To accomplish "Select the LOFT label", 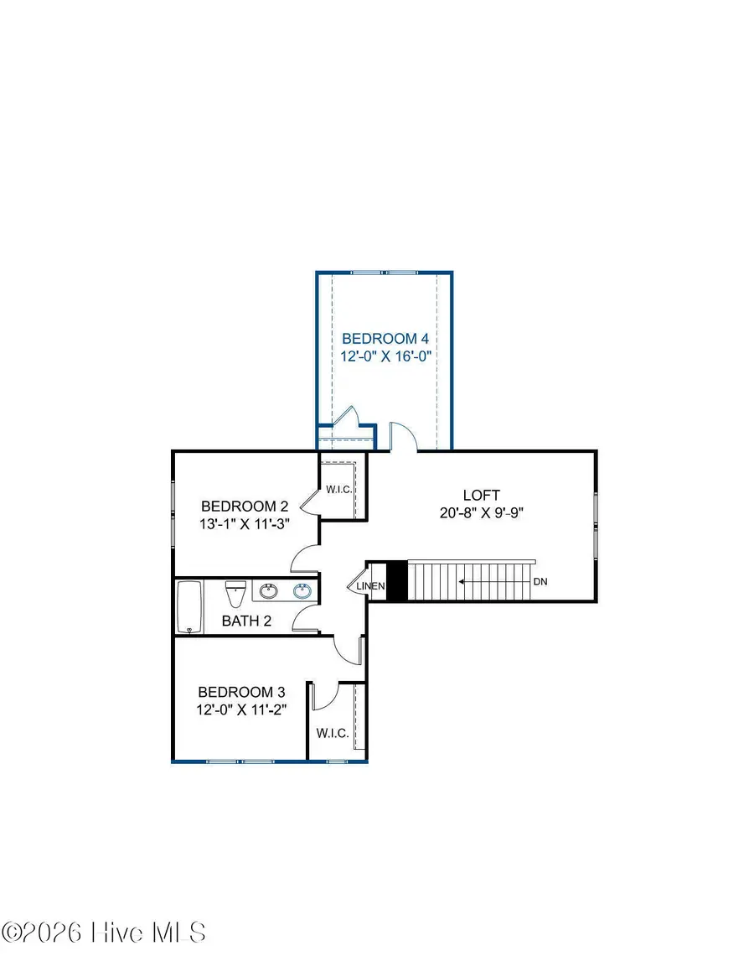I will (x=481, y=495).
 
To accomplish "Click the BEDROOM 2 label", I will (x=245, y=507).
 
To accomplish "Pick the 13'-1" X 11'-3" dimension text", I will (x=245, y=524).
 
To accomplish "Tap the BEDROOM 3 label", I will (x=241, y=692).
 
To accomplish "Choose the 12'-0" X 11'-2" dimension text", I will (x=241, y=709).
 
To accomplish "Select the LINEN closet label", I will (x=370, y=586).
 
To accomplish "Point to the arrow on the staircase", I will (x=494, y=580).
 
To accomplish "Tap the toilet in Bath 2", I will (x=235, y=595).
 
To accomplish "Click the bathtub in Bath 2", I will (x=188, y=607).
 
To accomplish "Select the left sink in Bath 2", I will (x=269, y=591).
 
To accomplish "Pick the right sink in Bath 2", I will (x=302, y=591).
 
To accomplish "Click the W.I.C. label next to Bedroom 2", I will (x=338, y=489).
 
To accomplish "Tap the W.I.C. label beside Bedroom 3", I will (x=332, y=733).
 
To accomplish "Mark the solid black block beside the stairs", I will (x=396, y=580).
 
